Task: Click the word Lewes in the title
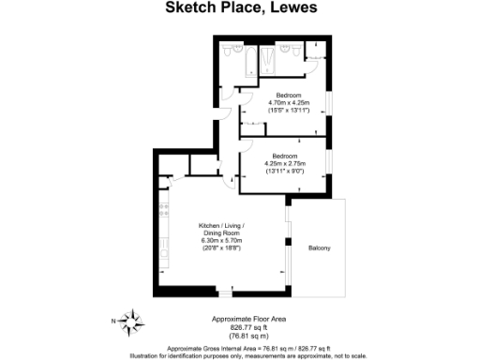pyautogui.click(x=290, y=8)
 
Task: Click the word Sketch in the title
pyautogui.click(x=189, y=8)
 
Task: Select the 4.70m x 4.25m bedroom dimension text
pyautogui.click(x=286, y=102)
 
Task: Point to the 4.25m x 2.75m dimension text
pyautogui.click(x=284, y=163)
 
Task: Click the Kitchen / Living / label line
pyautogui.click(x=221, y=226)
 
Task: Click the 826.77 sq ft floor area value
pyautogui.click(x=241, y=327)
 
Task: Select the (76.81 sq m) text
pyautogui.click(x=241, y=335)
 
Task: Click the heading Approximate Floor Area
pyautogui.click(x=241, y=320)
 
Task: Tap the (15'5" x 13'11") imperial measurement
pyautogui.click(x=286, y=110)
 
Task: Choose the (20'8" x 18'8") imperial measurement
pyautogui.click(x=221, y=248)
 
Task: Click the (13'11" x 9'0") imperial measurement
pyautogui.click(x=284, y=171)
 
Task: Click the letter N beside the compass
pyautogui.click(x=114, y=322)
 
